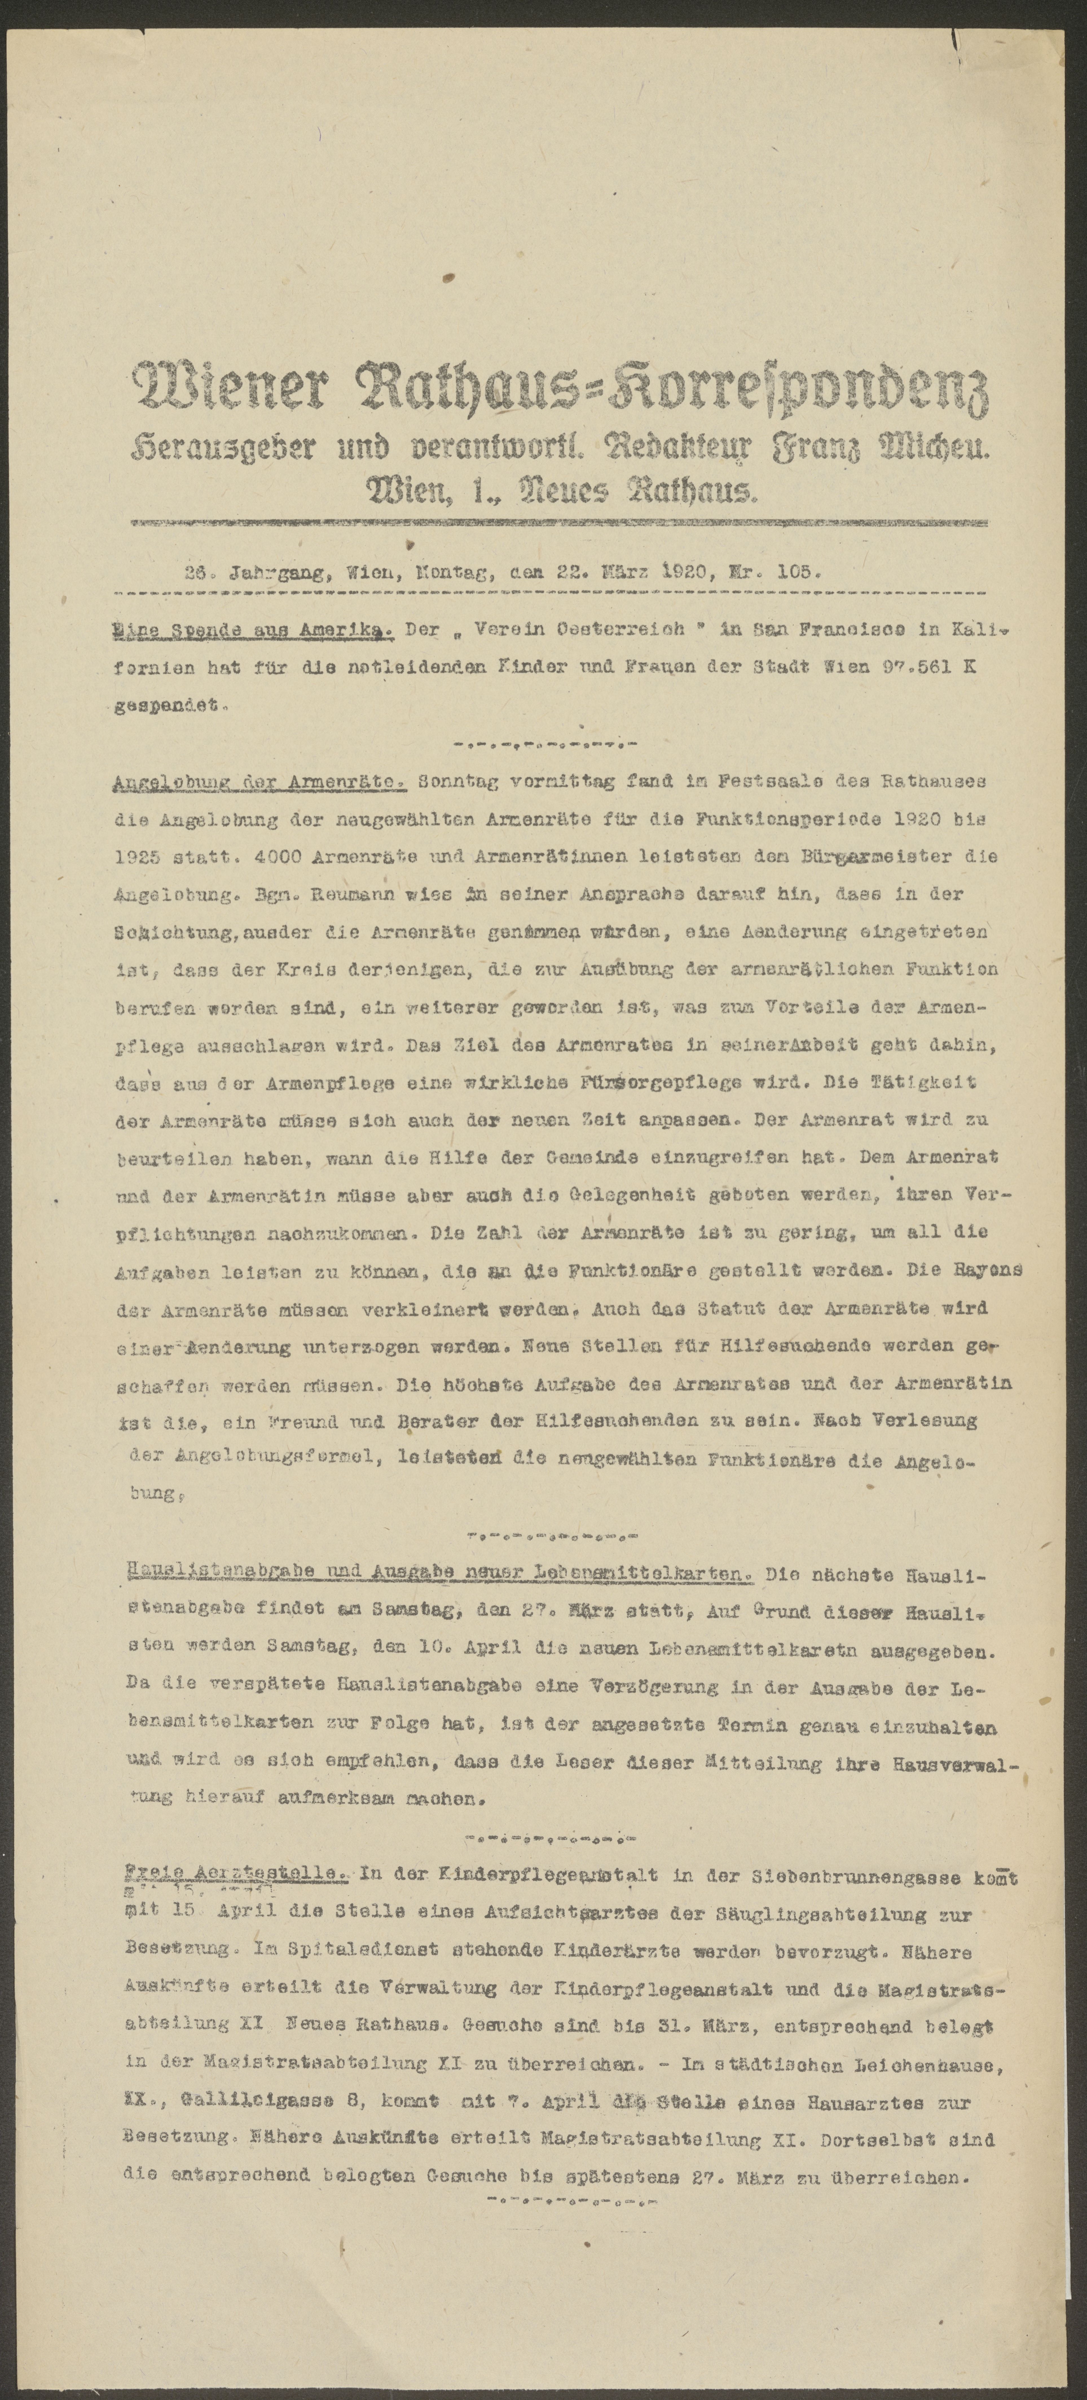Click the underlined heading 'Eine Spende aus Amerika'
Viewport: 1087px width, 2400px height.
(252, 631)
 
